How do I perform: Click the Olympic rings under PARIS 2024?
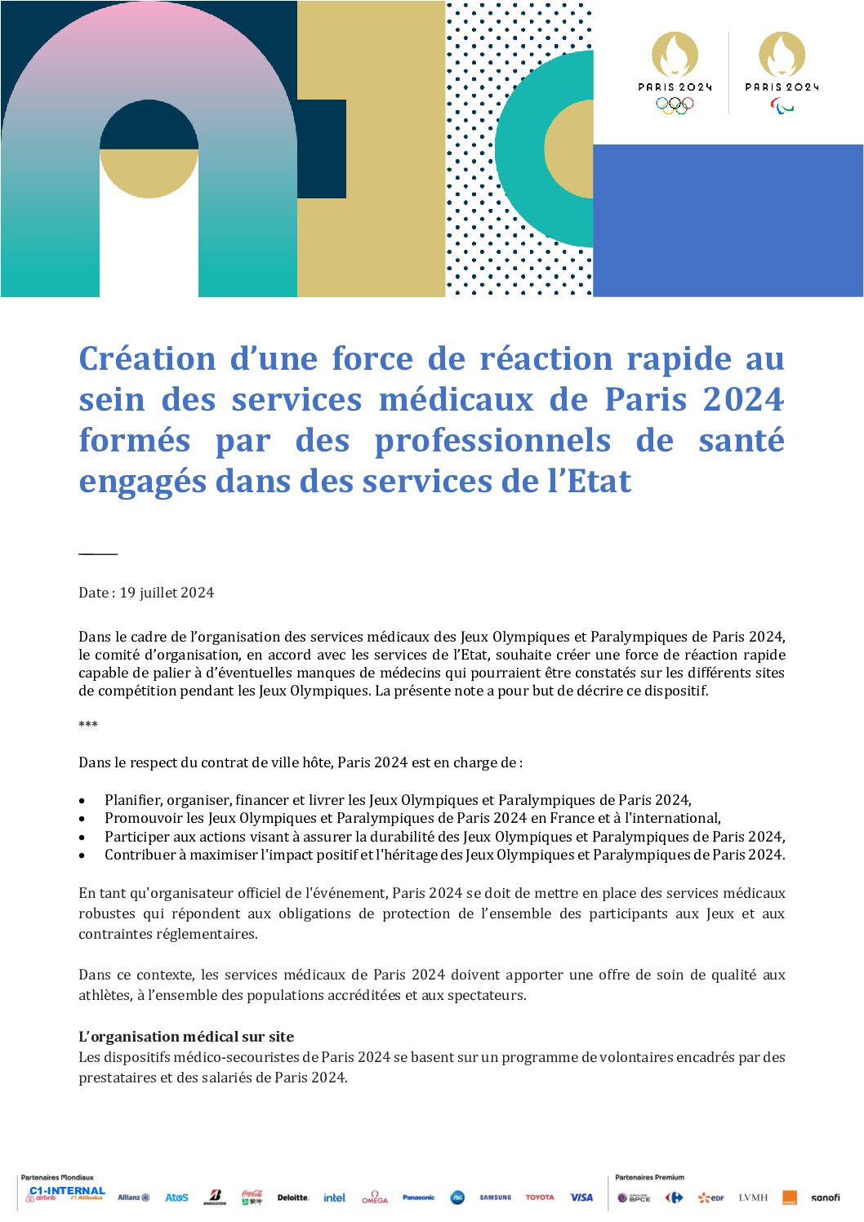coord(675,104)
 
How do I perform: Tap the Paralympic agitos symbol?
coord(782,106)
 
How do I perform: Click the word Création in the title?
coord(148,359)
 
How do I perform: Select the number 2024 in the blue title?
coord(742,400)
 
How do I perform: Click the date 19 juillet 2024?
coord(167,593)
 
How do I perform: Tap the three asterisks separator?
coord(88,725)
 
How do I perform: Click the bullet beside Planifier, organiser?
coord(82,801)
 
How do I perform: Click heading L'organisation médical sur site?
coord(186,1037)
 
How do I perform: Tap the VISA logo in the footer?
coord(581,1198)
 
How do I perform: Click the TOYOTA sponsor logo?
coord(539,1198)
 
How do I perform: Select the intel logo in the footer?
coord(334,1198)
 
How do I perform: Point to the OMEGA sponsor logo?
coord(375,1198)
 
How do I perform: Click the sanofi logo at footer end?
coord(825,1198)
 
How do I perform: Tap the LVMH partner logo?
coord(753,1198)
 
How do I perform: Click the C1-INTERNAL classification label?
coord(67,1190)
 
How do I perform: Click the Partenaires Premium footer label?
coord(649,1177)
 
